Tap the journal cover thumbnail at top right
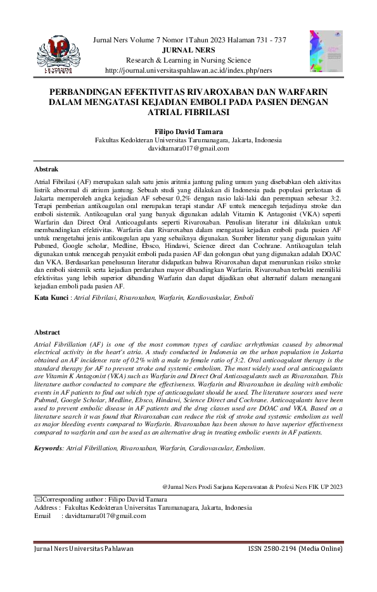(x=321, y=51)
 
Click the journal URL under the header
(x=189, y=70)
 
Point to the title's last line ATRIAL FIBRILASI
(x=188, y=113)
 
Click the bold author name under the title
(x=188, y=131)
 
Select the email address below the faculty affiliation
(x=188, y=149)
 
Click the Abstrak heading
(x=46, y=170)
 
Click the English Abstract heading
(x=48, y=332)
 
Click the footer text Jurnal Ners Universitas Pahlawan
(x=84, y=548)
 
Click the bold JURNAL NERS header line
(x=189, y=50)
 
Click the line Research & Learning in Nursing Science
(x=189, y=60)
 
